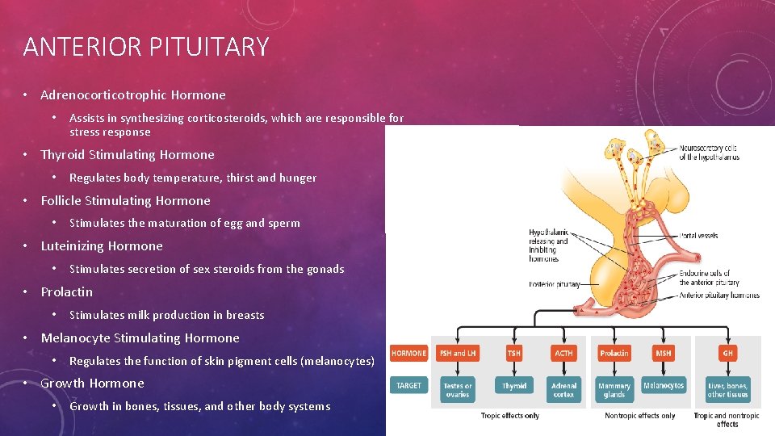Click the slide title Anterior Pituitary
point(146,47)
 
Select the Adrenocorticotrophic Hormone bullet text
point(133,95)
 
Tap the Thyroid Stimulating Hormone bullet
point(128,155)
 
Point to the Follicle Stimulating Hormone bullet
point(125,201)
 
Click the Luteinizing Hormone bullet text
point(102,246)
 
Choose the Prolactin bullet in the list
point(67,292)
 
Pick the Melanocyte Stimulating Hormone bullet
point(140,338)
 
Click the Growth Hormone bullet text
point(92,384)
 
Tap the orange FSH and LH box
point(457,354)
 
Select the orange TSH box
point(514,354)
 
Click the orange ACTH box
point(563,354)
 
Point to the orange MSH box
point(664,354)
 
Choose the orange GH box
point(727,354)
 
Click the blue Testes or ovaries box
point(457,390)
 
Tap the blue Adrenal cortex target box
point(563,390)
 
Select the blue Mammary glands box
point(614,390)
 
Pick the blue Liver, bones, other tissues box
point(727,390)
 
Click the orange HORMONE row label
point(408,354)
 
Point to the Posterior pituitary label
point(555,284)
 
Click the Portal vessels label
point(699,236)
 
